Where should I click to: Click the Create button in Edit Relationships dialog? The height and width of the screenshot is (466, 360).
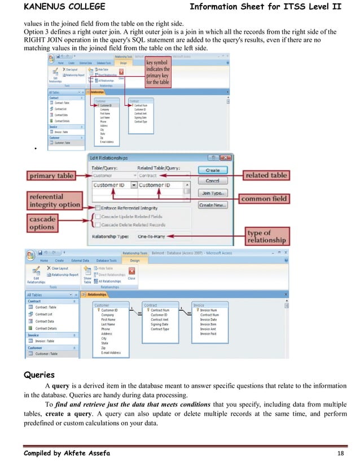(213, 170)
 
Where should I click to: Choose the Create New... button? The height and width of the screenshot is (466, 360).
(213, 205)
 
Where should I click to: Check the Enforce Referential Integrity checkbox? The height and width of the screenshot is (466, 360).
(98, 208)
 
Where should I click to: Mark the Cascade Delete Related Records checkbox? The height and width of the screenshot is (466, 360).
(98, 225)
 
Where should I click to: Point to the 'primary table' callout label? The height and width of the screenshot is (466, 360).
(50, 176)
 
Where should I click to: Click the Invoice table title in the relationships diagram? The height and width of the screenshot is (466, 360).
(199, 305)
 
